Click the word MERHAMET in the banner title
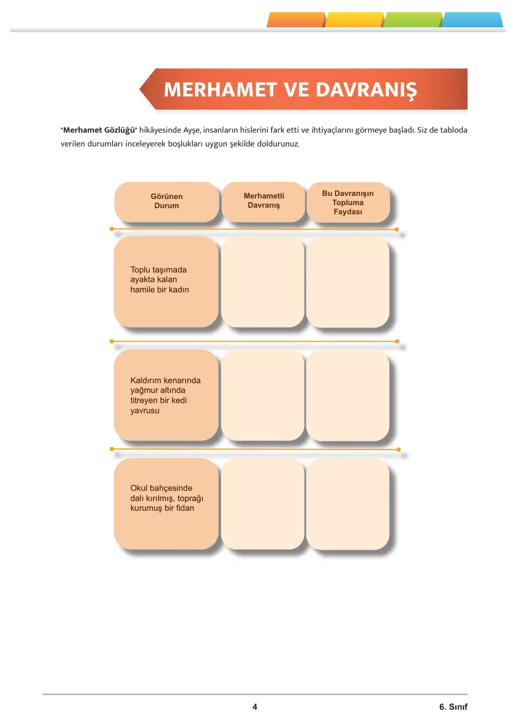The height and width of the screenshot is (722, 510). pos(220,89)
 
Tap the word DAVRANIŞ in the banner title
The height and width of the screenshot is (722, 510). pos(366,90)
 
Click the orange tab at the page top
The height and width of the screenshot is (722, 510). pos(296,20)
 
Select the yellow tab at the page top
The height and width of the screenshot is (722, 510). pos(354,20)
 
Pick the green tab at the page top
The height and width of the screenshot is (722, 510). pos(413,20)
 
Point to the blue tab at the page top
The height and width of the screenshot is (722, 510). pos(472,20)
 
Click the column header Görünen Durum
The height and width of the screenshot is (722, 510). pos(167,202)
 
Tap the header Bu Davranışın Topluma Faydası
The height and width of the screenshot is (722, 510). pos(348,203)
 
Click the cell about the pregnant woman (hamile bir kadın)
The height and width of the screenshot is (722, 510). pos(166,282)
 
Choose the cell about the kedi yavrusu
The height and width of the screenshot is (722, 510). pos(166,395)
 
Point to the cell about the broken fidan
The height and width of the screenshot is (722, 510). pos(166,504)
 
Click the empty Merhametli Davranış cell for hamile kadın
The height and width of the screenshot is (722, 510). pos(263,282)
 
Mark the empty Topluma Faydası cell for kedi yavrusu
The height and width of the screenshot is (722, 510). pos(348,395)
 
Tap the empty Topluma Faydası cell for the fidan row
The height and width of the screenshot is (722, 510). pos(348,505)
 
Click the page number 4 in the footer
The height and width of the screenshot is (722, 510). pos(255,707)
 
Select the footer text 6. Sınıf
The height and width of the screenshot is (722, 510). pos(453,707)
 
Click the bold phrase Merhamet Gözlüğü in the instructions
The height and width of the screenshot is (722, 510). pos(99,130)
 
